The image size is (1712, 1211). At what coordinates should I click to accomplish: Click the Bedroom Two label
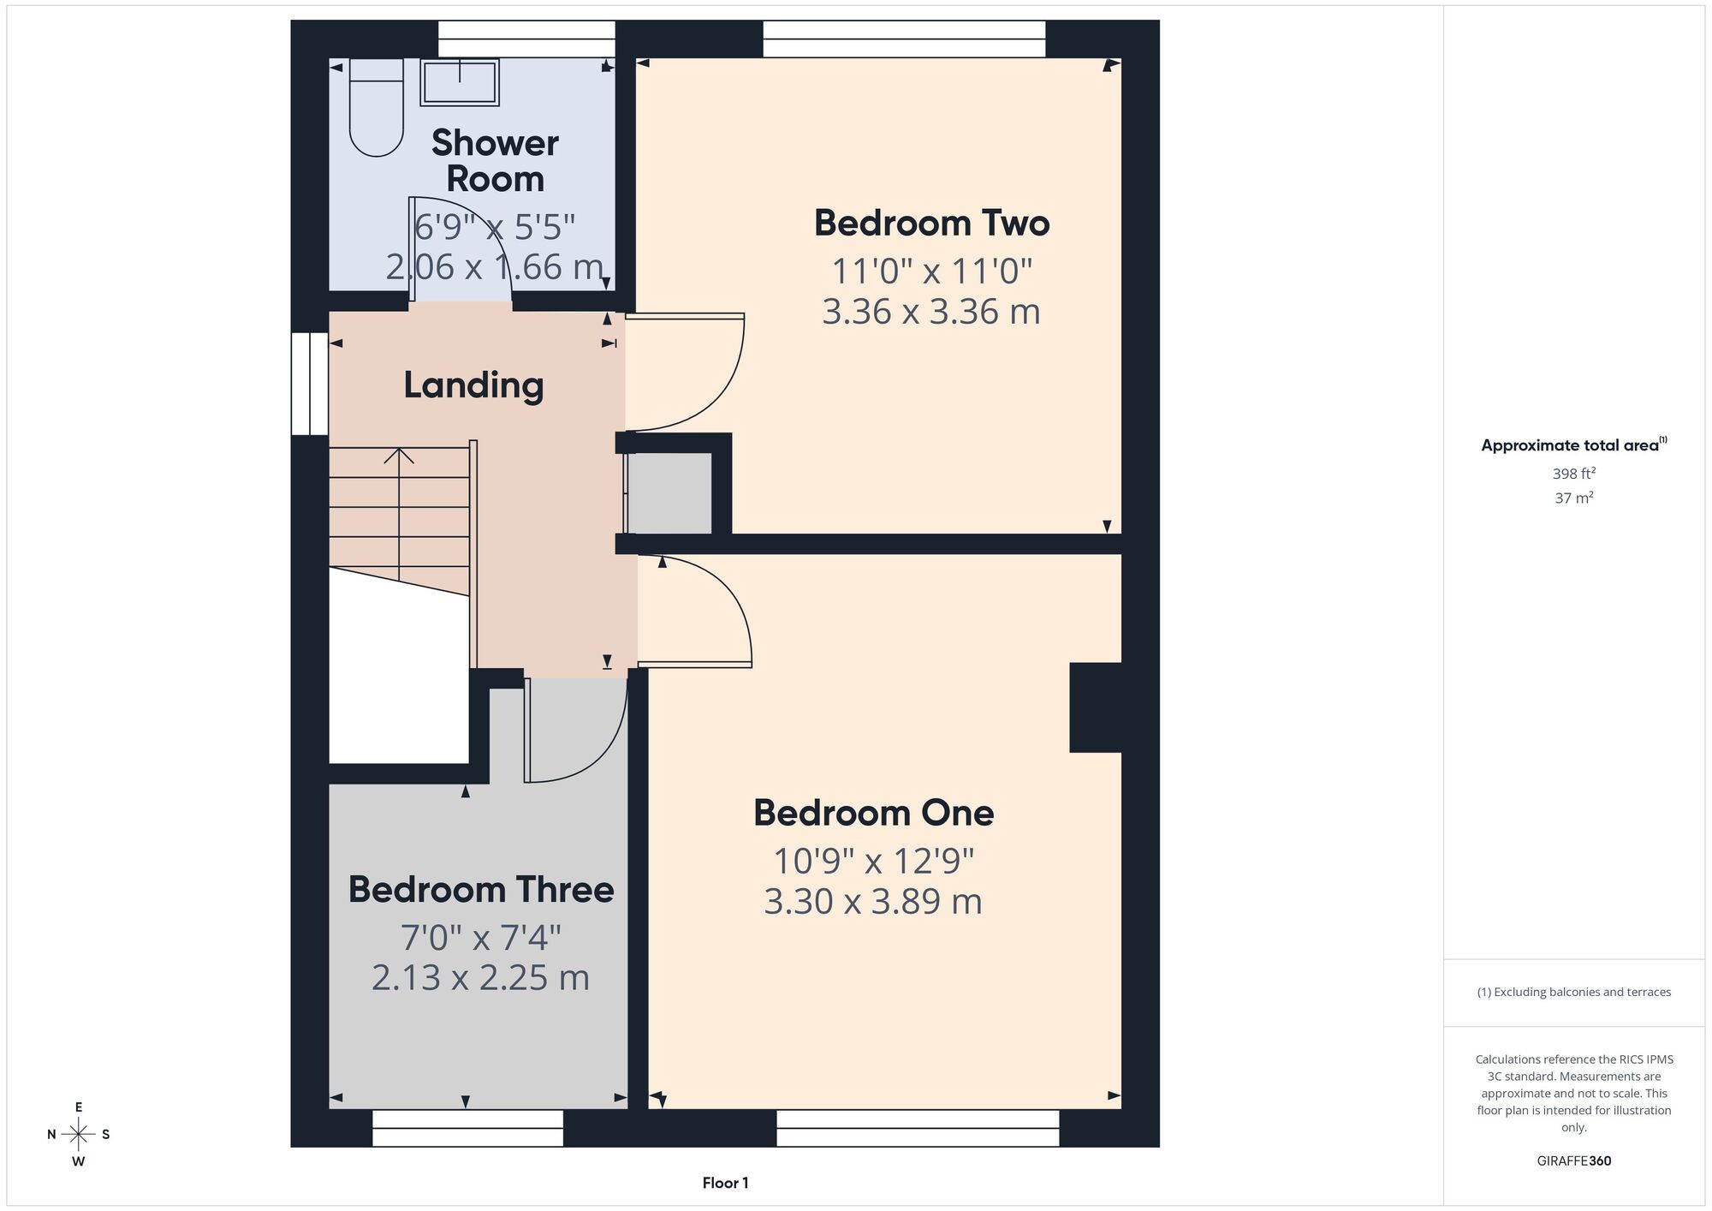931,224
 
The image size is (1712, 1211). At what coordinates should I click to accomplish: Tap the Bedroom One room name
873,813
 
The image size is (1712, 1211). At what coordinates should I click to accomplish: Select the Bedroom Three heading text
481,890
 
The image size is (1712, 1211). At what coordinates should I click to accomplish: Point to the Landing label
473,385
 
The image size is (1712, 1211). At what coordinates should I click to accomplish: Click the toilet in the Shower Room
376,107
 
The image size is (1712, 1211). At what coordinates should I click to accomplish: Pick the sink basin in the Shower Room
460,82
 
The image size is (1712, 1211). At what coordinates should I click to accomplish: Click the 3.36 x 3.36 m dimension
931,311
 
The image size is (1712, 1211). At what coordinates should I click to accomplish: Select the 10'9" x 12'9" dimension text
874,861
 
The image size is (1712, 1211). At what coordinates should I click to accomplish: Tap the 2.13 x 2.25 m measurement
480,978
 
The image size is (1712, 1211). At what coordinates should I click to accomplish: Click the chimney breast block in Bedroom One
1096,707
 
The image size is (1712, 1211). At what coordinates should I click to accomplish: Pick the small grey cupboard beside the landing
670,493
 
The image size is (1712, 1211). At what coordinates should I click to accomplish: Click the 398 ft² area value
1574,473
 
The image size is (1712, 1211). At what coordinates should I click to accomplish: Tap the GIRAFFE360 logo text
1574,1161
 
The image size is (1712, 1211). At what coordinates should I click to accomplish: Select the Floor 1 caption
725,1183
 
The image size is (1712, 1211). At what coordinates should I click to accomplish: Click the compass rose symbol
79,1135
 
